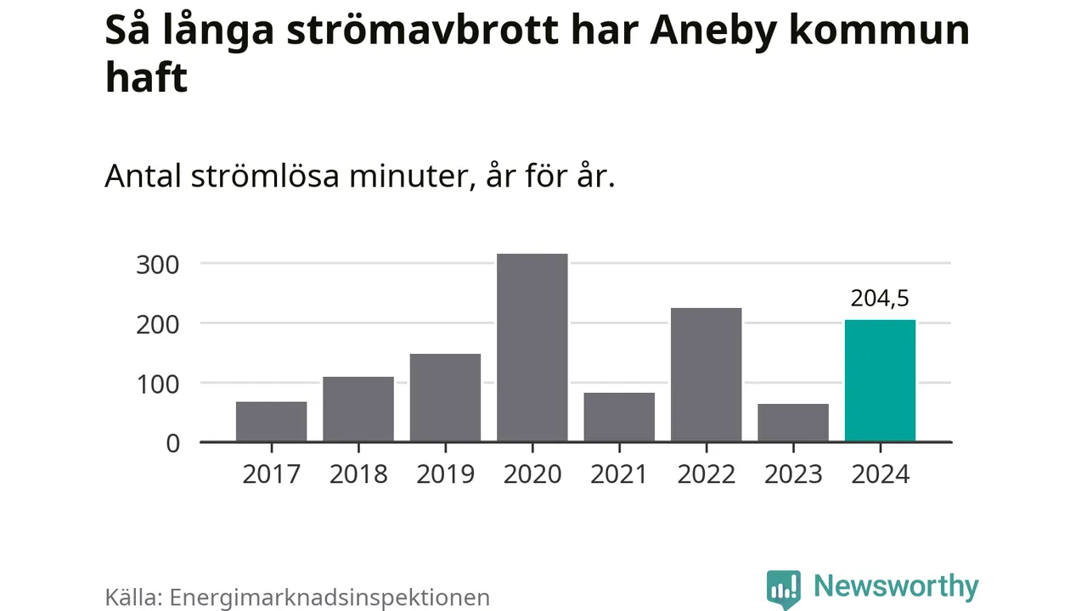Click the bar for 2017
point(271,422)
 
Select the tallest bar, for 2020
point(532,348)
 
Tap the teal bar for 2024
point(880,381)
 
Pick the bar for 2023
point(793,423)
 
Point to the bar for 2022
point(706,375)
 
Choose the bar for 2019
point(445,398)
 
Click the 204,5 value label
point(880,299)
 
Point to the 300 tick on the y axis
point(157,264)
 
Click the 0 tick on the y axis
point(172,443)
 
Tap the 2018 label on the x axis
point(358,474)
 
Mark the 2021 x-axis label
point(619,474)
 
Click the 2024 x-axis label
point(880,474)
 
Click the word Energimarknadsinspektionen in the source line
point(330,597)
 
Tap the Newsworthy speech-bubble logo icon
point(783,588)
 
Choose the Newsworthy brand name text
point(896,586)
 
